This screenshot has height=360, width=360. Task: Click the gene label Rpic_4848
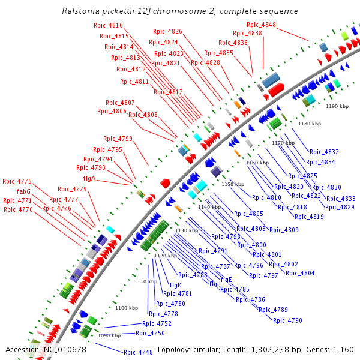tap(261, 25)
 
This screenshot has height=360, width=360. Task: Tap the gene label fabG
tap(24, 191)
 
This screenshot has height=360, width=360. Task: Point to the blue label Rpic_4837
tap(324, 152)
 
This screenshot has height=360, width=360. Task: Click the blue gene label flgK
tap(175, 285)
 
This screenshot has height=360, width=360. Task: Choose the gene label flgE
tap(226, 280)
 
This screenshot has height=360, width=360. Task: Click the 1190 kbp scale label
tap(337, 106)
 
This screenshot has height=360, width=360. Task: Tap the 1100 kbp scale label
tap(127, 308)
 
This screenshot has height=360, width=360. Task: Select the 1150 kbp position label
tap(233, 184)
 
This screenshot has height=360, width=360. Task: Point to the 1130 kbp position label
tap(187, 230)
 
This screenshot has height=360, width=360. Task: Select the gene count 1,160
tap(343, 350)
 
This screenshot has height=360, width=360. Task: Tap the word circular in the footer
tap(208, 350)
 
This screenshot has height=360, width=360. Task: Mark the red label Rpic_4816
tap(108, 25)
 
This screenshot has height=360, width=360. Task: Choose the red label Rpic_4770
tap(18, 209)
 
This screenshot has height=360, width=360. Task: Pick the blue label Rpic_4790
tap(287, 320)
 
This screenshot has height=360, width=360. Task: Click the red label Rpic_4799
tap(118, 139)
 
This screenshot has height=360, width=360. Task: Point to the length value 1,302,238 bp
tap(281, 350)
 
